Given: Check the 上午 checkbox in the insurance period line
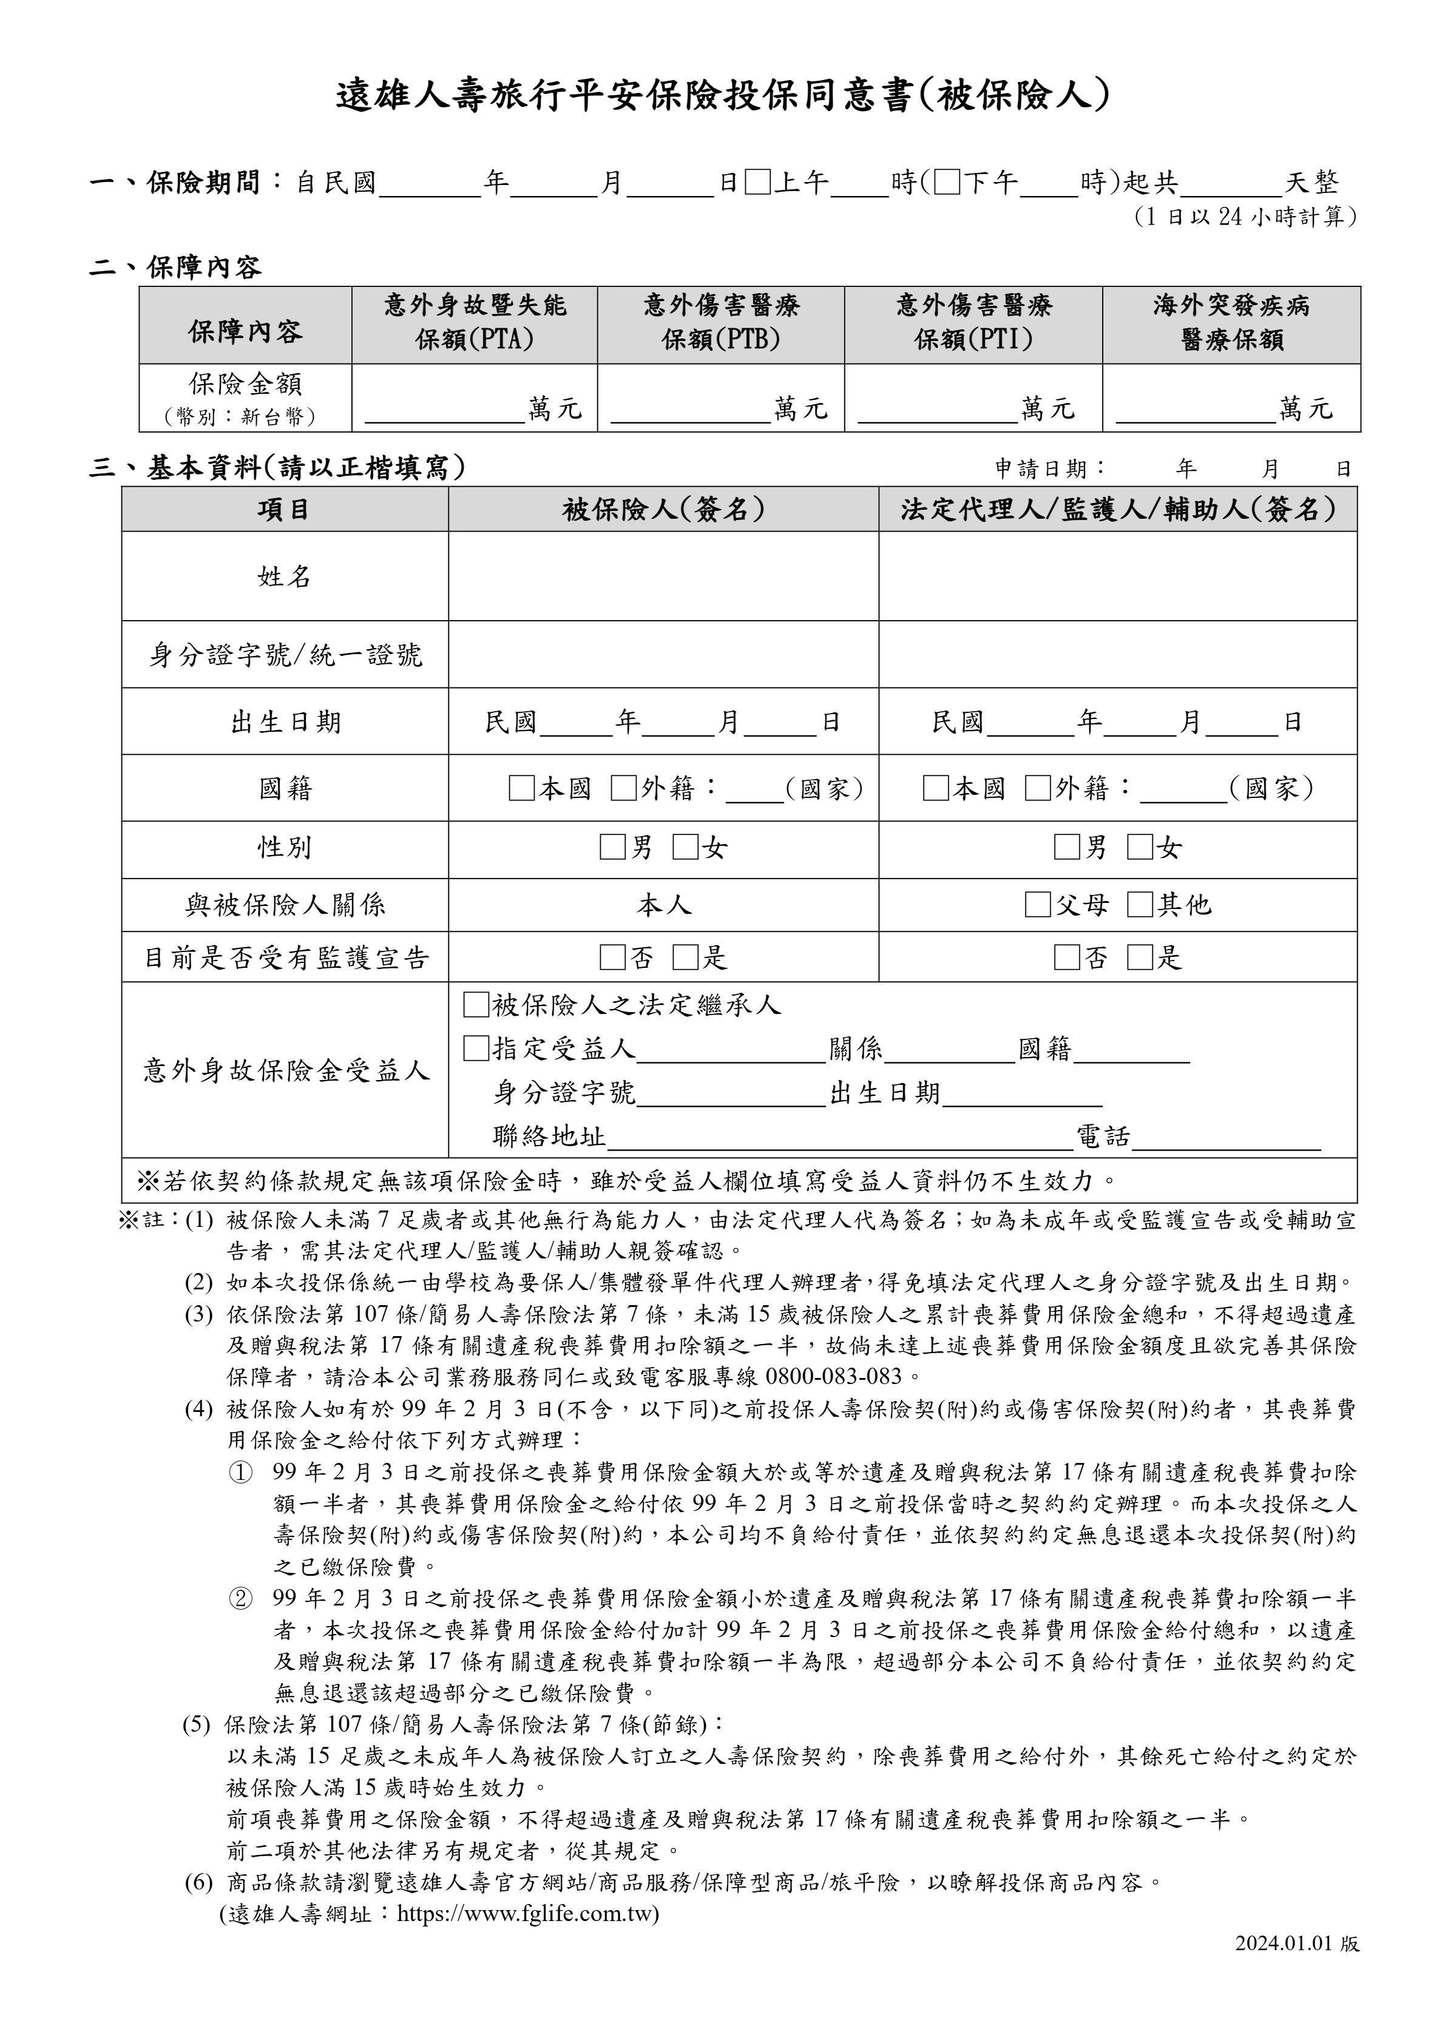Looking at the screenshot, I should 758,183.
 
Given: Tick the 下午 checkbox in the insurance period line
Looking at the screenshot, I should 949,183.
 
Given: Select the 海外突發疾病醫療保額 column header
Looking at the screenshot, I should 1231,323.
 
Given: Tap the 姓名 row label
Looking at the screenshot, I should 285,576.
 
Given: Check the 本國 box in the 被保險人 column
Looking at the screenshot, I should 521,788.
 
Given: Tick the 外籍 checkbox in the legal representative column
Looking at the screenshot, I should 1038,788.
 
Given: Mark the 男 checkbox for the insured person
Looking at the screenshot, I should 612,847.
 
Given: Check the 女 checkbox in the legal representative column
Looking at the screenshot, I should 1140,847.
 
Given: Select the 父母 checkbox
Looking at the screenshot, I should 1038,905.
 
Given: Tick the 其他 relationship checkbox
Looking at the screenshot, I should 1140,905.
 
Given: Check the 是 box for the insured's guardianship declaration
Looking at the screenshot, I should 686,957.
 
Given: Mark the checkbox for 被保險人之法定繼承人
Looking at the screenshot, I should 477,1005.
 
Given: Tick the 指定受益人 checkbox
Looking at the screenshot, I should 477,1048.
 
